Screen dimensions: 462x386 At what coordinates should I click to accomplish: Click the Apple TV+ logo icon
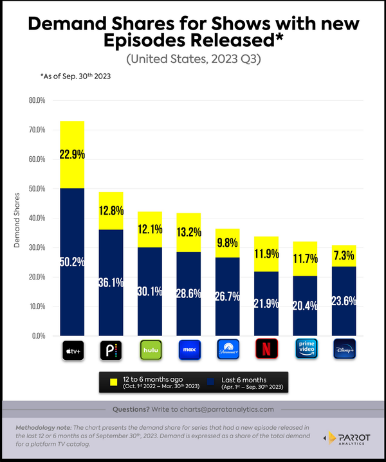pos(72,350)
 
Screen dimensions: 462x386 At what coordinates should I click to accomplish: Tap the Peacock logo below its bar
pos(111,350)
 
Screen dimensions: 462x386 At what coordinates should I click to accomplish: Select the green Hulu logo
pos(151,350)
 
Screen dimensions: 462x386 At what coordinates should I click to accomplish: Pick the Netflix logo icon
pos(266,350)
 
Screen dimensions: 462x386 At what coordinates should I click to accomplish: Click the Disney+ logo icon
pos(344,350)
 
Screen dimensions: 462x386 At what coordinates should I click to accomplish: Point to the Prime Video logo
pos(306,350)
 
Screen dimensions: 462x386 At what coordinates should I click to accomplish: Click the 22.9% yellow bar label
pos(72,154)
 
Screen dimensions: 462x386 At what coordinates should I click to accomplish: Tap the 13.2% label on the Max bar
pos(189,231)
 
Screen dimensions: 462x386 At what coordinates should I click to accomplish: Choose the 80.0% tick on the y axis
pos(37,101)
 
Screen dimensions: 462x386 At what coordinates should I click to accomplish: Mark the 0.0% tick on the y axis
pos(39,335)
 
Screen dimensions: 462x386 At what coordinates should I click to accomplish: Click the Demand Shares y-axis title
pos(17,218)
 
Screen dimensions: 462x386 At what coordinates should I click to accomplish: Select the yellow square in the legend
pos(113,382)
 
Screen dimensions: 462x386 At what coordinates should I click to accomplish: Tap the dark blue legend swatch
pos(207,382)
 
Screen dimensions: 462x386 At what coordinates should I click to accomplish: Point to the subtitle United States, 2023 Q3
pos(193,59)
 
